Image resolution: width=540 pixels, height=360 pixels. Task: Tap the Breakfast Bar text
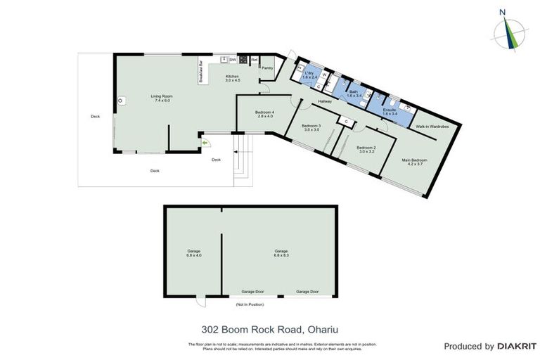201,72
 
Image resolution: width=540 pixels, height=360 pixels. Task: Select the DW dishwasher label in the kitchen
233,59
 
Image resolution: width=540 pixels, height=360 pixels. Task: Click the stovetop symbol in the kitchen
243,60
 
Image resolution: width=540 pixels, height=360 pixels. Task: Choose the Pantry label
266,68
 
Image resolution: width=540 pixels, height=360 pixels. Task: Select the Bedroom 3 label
311,127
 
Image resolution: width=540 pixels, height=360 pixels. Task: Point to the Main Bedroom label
414,161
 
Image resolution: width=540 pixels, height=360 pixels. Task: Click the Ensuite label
390,110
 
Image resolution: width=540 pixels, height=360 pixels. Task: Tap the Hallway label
325,101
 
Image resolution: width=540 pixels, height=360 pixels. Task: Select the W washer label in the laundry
323,73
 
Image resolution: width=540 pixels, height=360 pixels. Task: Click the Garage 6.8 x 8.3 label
281,252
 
